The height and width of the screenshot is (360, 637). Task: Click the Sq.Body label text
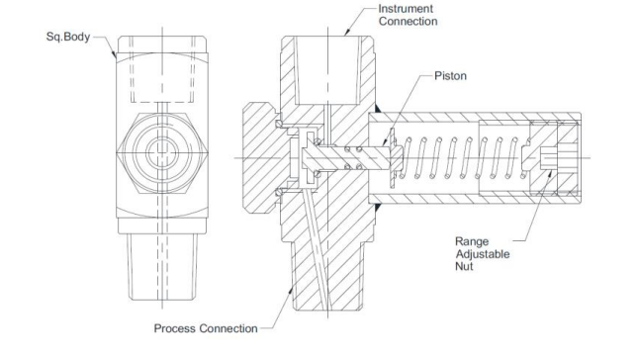click(68, 37)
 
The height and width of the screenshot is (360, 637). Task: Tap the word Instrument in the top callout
click(406, 9)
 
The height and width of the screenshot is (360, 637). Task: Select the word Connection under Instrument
click(408, 21)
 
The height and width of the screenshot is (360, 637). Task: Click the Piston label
click(450, 76)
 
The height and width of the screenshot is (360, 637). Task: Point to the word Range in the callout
click(472, 241)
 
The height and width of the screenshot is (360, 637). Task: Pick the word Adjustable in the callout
click(483, 254)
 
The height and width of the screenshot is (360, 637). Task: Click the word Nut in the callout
click(464, 267)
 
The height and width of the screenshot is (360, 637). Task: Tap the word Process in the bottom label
click(175, 328)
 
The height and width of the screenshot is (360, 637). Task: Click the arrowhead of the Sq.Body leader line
click(115, 55)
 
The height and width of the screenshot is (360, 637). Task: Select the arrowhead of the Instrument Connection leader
click(346, 33)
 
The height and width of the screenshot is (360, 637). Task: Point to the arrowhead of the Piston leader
click(384, 142)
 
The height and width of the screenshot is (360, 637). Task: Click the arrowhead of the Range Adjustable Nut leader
click(550, 174)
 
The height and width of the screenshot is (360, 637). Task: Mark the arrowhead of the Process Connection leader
click(290, 290)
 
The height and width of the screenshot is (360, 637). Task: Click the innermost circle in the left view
click(162, 152)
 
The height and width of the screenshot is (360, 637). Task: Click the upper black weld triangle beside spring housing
click(377, 109)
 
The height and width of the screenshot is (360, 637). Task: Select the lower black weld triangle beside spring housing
click(377, 208)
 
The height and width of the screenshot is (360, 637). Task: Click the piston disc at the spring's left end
click(393, 157)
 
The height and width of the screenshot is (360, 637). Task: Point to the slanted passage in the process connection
click(316, 248)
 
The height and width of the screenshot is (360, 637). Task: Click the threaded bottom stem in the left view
click(162, 267)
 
